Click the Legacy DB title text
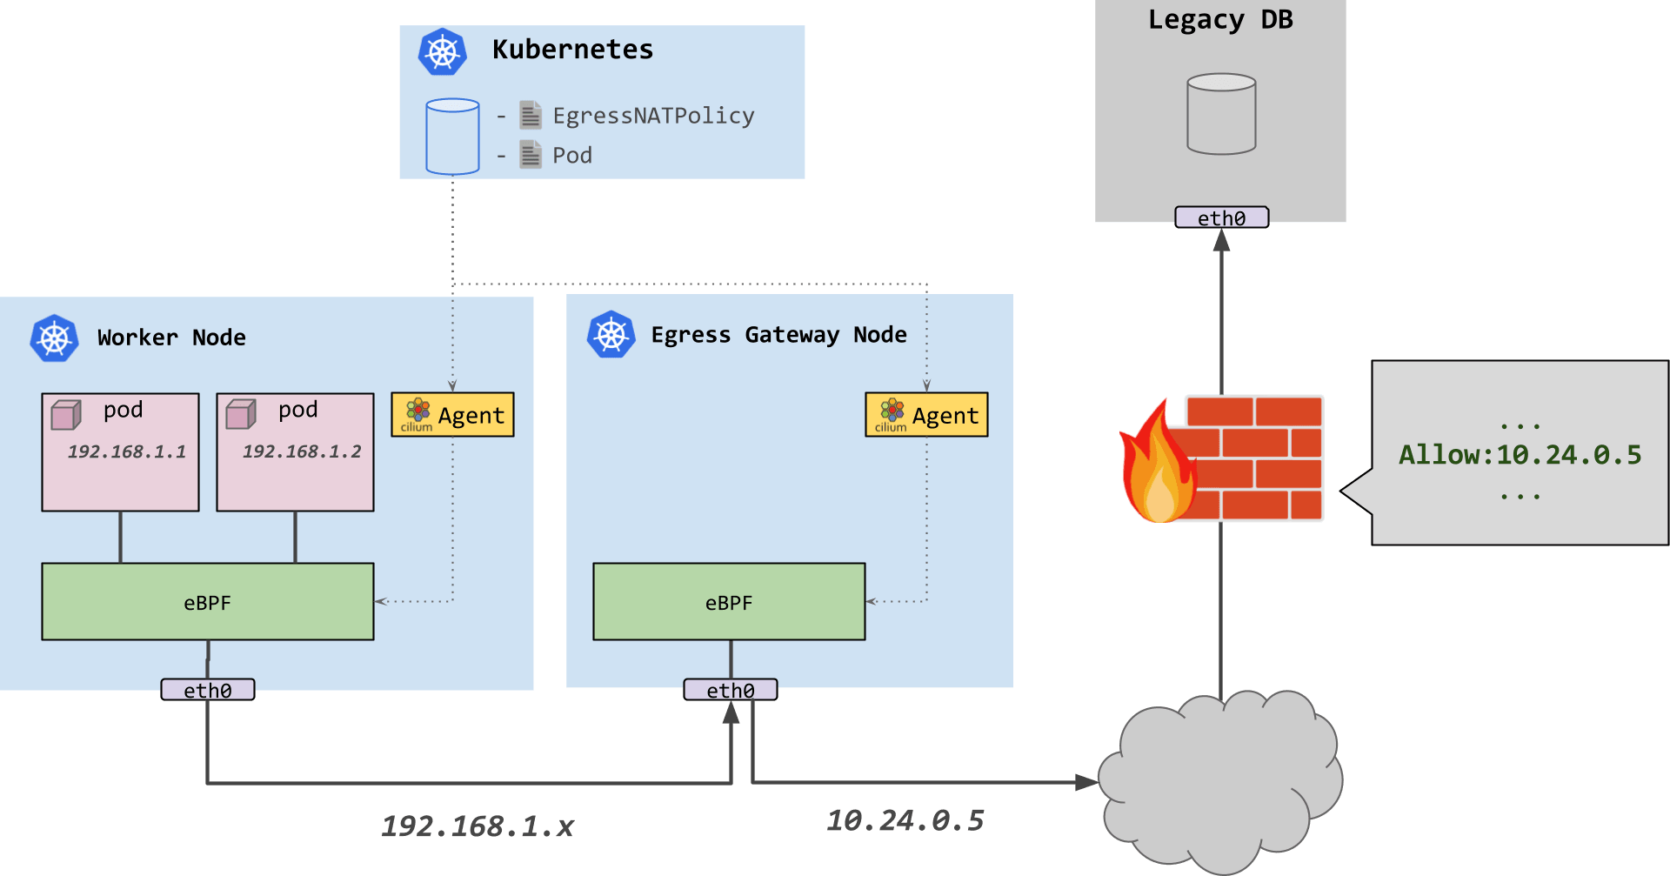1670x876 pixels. tap(1220, 20)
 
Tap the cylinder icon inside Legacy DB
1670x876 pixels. tap(1221, 114)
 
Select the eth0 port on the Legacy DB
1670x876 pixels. tap(1221, 217)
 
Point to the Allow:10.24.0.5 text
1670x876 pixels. tap(1520, 454)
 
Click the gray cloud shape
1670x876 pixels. tap(1220, 781)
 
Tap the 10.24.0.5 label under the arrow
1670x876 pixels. tap(905, 820)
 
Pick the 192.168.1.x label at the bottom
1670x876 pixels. tap(478, 826)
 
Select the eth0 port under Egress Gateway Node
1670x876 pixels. tap(731, 690)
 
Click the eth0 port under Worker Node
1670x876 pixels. tap(208, 690)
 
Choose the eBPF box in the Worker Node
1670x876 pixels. tap(208, 602)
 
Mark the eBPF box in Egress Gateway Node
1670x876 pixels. tap(729, 602)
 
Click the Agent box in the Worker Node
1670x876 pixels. tap(452, 415)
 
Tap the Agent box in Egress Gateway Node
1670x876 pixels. tap(926, 415)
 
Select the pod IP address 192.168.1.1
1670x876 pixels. tap(127, 451)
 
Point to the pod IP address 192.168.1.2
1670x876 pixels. tap(302, 451)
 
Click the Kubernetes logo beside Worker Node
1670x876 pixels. tap(54, 338)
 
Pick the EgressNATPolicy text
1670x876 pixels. tap(653, 116)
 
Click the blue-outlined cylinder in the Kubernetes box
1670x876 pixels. tap(452, 137)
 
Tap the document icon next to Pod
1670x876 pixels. tap(531, 155)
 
